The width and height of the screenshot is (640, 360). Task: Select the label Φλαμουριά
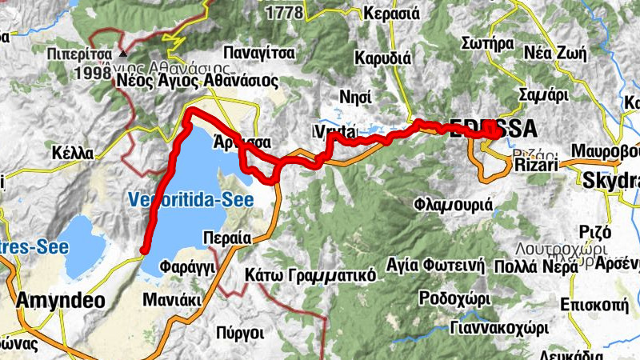pyautogui.click(x=453, y=205)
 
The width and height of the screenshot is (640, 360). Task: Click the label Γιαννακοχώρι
pyautogui.click(x=488, y=327)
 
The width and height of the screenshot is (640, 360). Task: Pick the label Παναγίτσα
pyautogui.click(x=259, y=53)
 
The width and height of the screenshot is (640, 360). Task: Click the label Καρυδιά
pyautogui.click(x=382, y=58)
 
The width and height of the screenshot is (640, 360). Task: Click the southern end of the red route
pyautogui.click(x=143, y=252)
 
